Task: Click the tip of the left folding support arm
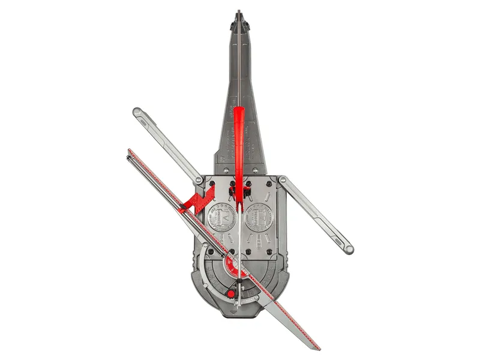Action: pyautogui.click(x=137, y=112)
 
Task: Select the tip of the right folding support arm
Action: pyautogui.click(x=348, y=248)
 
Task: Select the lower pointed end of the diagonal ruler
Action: pyautogui.click(x=319, y=348)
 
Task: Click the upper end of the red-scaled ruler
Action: pyautogui.click(x=130, y=151)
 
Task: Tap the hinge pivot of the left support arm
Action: pyautogui.click(x=199, y=179)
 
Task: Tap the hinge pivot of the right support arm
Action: pyautogui.click(x=282, y=179)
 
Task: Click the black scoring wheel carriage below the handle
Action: pyautogui.click(x=239, y=191)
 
